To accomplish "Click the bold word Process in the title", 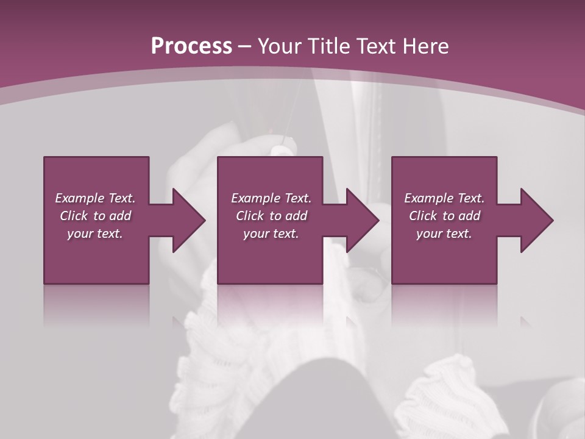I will (x=191, y=46).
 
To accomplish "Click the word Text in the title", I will (x=377, y=46).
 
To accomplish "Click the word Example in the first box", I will (x=80, y=198).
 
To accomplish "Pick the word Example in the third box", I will (x=429, y=198).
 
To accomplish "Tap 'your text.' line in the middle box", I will (x=271, y=234).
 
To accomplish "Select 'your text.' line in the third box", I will (x=444, y=234).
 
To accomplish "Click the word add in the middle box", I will (x=296, y=216).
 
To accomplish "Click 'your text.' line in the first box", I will (x=94, y=234).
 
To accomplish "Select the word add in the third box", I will (x=469, y=216).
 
